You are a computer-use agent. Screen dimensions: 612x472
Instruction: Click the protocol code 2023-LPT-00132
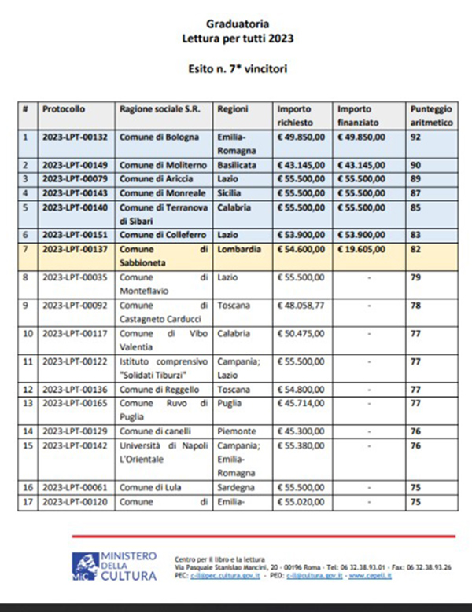75,137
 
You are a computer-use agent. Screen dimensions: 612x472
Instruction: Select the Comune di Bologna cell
153,137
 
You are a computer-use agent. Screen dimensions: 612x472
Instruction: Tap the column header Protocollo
64,108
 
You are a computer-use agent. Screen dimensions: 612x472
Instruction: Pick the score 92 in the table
416,137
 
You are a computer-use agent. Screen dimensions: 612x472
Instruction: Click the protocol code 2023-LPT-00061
75,487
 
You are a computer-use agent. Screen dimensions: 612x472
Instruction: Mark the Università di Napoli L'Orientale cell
163,451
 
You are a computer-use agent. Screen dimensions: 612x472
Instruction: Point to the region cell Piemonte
236,431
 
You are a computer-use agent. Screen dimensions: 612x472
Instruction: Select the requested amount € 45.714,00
299,403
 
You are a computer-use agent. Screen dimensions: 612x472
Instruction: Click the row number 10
28,333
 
